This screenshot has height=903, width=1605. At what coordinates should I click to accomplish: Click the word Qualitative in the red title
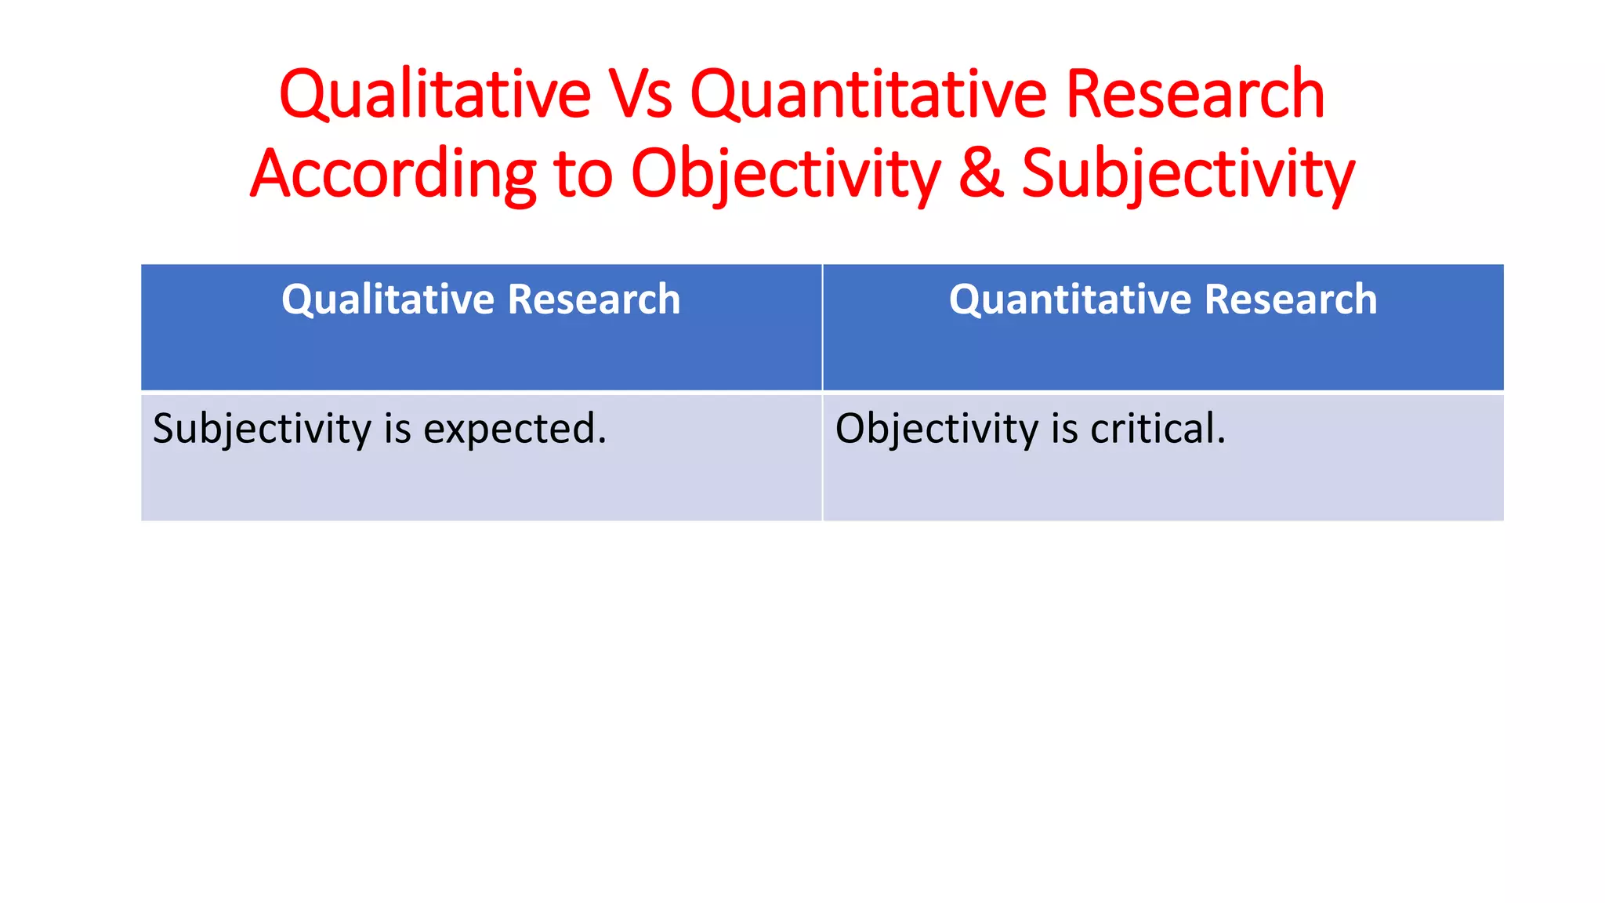[x=435, y=96]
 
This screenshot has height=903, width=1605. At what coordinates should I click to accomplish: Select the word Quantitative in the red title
[x=868, y=96]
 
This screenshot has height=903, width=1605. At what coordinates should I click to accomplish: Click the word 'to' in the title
[x=583, y=174]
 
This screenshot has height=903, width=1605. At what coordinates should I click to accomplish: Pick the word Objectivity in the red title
[x=785, y=174]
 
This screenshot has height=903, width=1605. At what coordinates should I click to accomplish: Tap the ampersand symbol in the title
[x=980, y=174]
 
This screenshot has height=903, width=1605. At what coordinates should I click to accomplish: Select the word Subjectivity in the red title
[x=1188, y=174]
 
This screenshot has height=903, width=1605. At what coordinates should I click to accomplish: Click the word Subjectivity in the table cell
[x=263, y=430]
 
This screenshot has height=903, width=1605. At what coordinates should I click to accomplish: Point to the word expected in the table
[x=515, y=430]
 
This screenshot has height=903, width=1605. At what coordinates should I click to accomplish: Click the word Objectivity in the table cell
[x=937, y=430]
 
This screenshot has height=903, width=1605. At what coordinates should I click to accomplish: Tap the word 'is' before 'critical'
[x=1064, y=430]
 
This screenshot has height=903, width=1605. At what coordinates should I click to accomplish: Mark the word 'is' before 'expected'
[x=397, y=430]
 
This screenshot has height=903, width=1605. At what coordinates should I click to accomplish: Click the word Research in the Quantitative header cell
[x=1290, y=300]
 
